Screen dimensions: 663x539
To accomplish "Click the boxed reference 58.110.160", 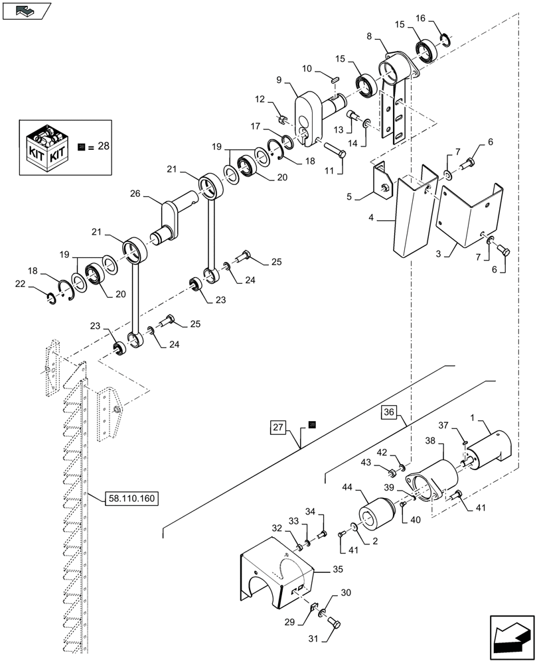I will coord(131,497).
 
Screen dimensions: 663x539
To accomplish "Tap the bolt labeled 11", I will coord(333,149).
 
